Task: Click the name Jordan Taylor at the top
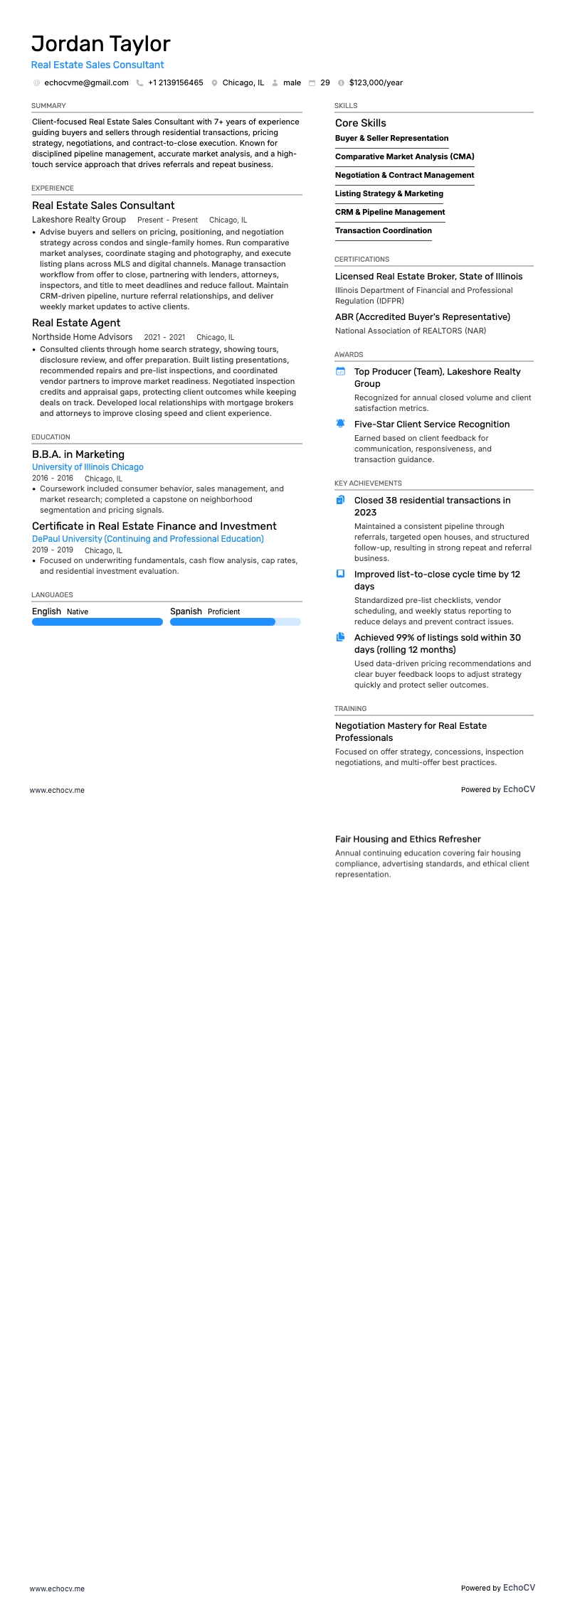tap(100, 44)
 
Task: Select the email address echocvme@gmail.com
tap(86, 83)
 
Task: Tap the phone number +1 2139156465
tap(175, 83)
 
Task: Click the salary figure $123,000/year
tap(376, 83)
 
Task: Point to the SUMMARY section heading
tap(48, 106)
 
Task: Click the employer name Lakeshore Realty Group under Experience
tap(79, 220)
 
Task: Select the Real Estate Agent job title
tap(76, 323)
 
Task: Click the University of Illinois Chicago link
tap(88, 467)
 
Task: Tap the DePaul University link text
tap(147, 539)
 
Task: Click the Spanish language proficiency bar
tap(235, 622)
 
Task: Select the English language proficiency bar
tap(97, 622)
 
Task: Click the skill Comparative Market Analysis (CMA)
tap(404, 157)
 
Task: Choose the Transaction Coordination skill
tap(383, 231)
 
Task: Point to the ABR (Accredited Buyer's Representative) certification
tap(422, 317)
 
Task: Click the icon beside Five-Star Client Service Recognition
tap(340, 424)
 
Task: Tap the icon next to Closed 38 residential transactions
tap(340, 500)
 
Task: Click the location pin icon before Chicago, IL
tap(214, 83)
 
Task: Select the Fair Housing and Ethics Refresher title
tap(408, 840)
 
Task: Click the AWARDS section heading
tap(349, 355)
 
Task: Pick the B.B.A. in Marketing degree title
tap(78, 454)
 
